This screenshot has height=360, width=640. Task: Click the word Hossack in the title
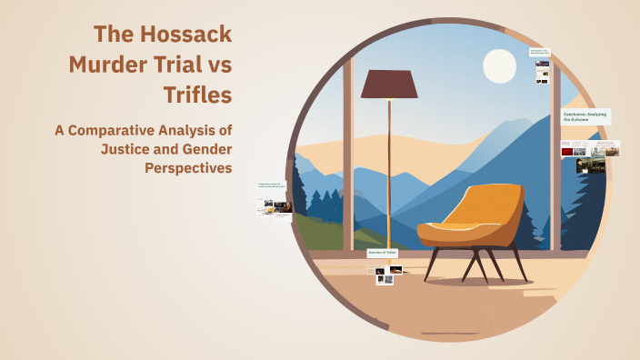(185, 35)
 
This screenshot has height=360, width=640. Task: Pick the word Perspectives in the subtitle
(189, 167)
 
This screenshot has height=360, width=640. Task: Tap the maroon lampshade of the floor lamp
(389, 84)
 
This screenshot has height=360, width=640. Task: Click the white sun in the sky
(499, 65)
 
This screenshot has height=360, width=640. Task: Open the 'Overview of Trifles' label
(384, 253)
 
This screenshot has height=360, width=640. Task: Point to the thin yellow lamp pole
(390, 173)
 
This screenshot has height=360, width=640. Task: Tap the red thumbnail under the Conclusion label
(566, 150)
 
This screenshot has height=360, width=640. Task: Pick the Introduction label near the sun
(541, 52)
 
